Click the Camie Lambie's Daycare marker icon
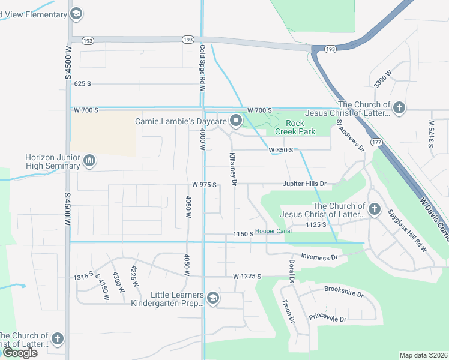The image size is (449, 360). coord(236,122)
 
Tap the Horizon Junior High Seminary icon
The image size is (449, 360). coord(89,160)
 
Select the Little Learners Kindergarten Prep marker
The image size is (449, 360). coord(212,298)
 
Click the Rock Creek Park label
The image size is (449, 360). coord(295,127)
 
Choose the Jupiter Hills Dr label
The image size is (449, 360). coord(306,184)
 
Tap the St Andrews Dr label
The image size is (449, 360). coord(351,136)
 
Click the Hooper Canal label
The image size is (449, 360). coord(273,231)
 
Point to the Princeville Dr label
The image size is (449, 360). coord(328,318)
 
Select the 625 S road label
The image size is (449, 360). coord(82,84)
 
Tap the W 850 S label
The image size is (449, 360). coord(280,150)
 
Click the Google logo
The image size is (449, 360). coord(20,353)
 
